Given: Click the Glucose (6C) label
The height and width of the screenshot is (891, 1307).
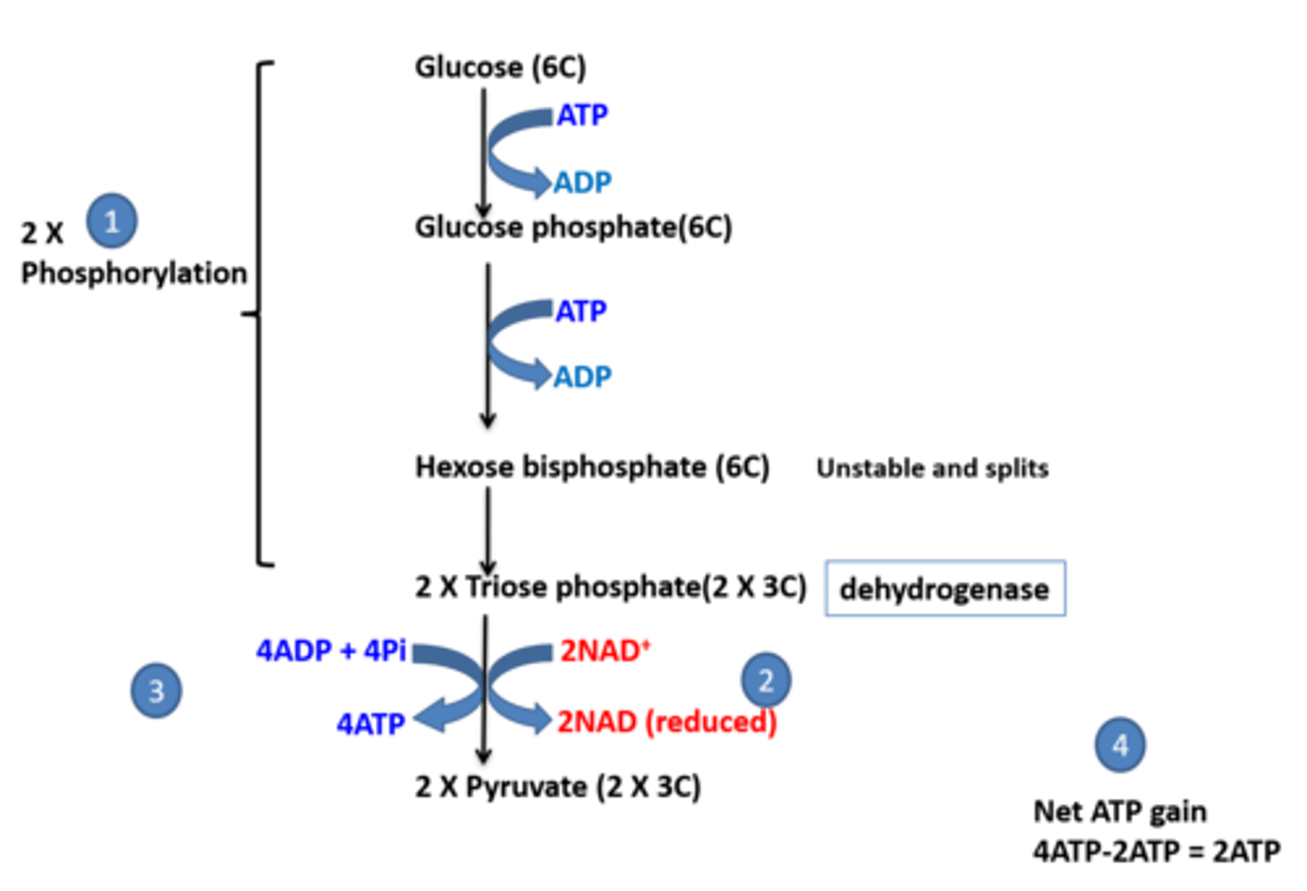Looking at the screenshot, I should (x=500, y=67).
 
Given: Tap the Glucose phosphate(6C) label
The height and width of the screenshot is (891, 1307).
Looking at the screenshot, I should (x=573, y=227).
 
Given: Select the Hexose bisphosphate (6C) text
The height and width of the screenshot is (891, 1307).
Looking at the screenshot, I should (x=592, y=466).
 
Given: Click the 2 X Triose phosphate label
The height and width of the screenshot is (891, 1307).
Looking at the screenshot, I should (x=610, y=587).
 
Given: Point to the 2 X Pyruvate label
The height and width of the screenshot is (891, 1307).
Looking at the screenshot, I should (x=557, y=786).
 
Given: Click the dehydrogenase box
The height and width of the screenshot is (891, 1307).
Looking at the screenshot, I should (x=945, y=590).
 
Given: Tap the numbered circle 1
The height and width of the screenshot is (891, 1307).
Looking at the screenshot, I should (x=112, y=220).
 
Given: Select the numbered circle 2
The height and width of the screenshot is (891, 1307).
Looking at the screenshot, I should (x=765, y=680).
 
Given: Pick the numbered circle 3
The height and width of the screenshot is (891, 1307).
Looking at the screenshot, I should (x=155, y=690).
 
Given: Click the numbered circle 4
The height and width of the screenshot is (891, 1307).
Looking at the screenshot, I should (x=1119, y=745).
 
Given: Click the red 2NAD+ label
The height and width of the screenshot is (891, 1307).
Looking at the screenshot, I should (x=604, y=650).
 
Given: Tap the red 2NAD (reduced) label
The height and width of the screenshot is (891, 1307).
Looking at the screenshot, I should (x=666, y=722).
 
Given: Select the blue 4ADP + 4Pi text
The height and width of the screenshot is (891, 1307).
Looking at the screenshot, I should (x=331, y=650).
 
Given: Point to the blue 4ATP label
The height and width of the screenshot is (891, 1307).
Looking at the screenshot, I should (x=370, y=723).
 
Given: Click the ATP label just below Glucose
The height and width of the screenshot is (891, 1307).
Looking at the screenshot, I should (x=582, y=115).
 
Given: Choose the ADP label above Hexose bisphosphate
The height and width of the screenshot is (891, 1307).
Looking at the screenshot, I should (x=582, y=376).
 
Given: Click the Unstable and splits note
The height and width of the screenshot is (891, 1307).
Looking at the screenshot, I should (x=932, y=468).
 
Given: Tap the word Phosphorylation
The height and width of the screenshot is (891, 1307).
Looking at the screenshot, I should (x=133, y=273).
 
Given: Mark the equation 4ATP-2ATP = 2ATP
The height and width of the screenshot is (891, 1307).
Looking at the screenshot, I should (x=1155, y=850).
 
